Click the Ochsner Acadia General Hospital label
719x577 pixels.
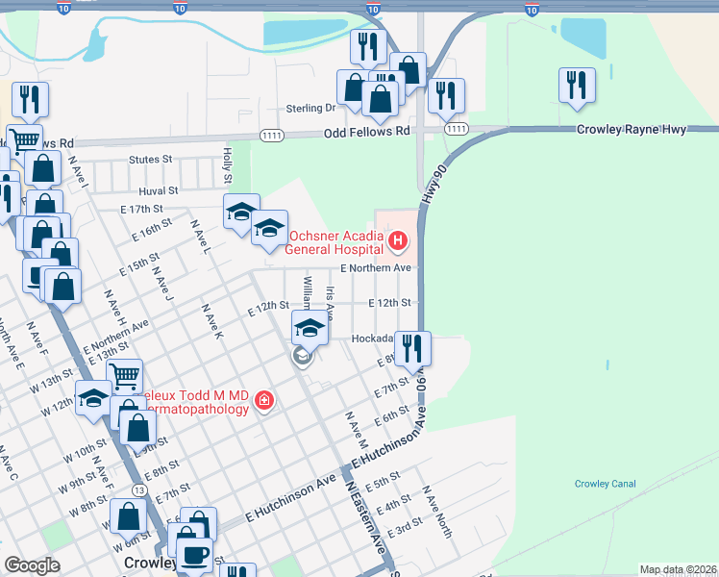tap(333, 240)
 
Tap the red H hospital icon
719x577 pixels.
tap(394, 237)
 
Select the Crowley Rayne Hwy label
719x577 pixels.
tap(632, 130)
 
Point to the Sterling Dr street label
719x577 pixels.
tap(310, 109)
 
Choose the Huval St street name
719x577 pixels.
tap(159, 191)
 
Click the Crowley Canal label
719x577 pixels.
tap(605, 484)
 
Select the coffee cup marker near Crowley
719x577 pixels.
tap(195, 555)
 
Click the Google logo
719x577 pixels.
tap(32, 565)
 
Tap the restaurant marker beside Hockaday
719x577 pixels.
tap(413, 348)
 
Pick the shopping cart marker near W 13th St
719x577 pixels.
tap(124, 376)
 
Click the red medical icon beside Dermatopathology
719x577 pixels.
tap(262, 401)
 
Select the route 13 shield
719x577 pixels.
tap(140, 490)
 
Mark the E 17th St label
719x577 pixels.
tap(141, 209)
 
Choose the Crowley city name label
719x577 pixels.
tap(149, 563)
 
